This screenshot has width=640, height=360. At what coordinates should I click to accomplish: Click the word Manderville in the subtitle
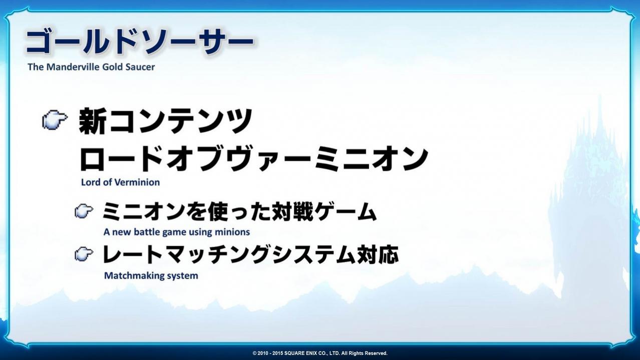point(73,67)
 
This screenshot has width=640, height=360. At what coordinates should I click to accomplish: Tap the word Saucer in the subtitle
point(140,67)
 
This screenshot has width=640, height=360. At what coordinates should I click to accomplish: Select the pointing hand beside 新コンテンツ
point(55,120)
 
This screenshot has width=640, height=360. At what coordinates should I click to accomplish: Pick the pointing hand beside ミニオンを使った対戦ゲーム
point(84,211)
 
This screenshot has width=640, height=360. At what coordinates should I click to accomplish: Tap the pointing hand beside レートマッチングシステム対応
point(84,254)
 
